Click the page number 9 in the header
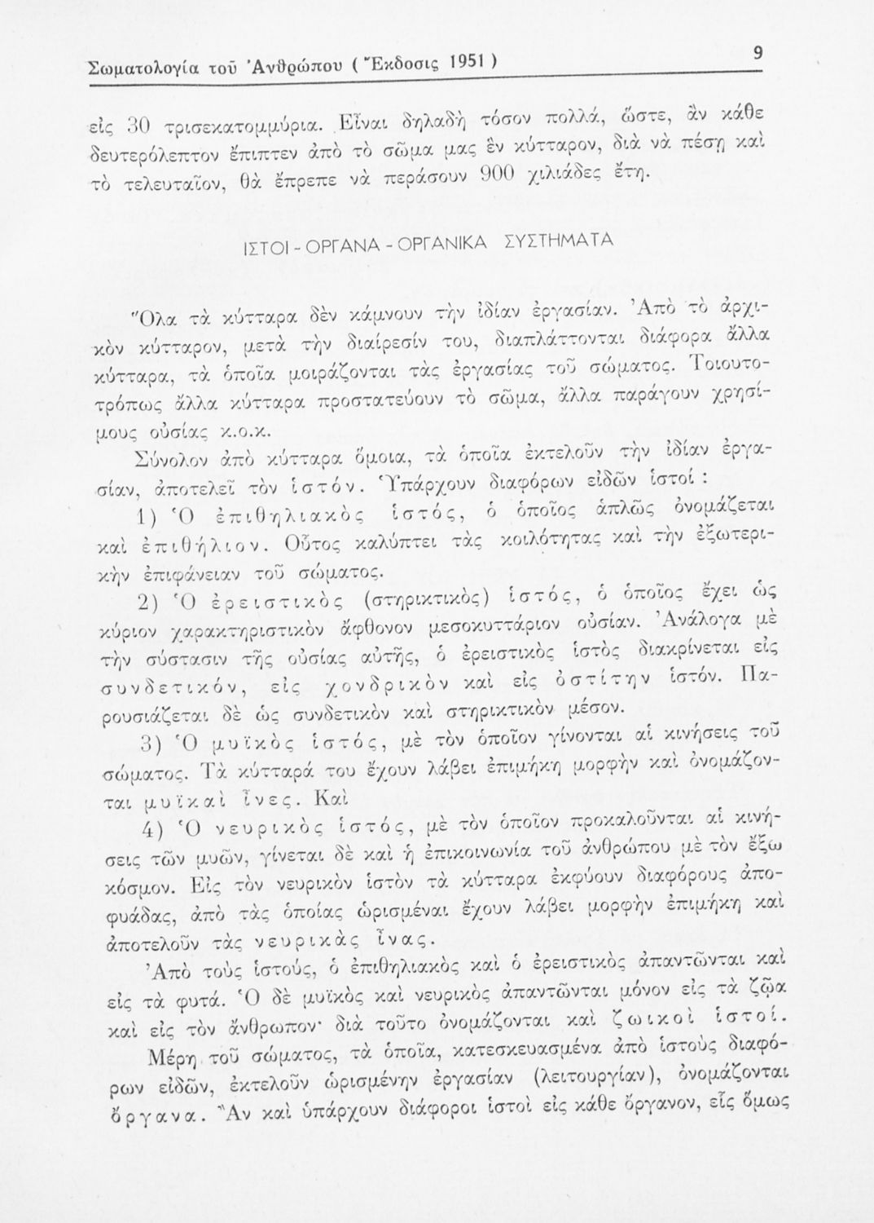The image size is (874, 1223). tap(757, 54)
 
